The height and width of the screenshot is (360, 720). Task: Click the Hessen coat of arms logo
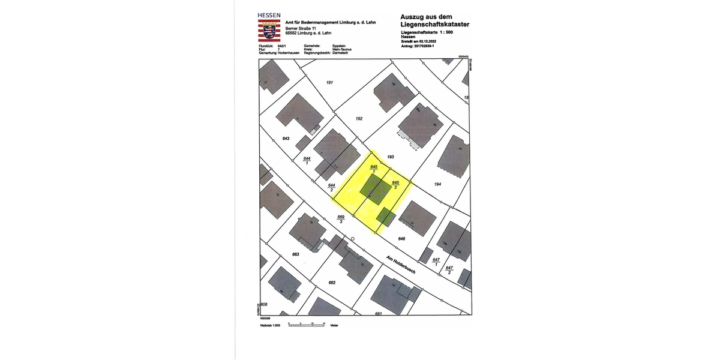266,29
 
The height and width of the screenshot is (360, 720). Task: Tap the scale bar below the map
307,324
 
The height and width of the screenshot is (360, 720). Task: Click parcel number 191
329,82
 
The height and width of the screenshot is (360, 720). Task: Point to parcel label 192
359,119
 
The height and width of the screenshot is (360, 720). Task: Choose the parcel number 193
390,156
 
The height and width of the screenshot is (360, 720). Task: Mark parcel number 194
437,185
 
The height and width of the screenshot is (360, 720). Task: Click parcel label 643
286,139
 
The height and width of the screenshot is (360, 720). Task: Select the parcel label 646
401,239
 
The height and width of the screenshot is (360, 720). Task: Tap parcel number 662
332,282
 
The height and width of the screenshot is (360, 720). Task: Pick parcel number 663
295,254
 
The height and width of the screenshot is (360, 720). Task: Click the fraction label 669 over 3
341,219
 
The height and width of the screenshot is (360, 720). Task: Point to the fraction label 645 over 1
374,169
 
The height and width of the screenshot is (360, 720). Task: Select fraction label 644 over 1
307,160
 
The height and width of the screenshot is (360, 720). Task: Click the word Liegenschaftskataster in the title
434,24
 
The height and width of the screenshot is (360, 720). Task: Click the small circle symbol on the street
353,239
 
